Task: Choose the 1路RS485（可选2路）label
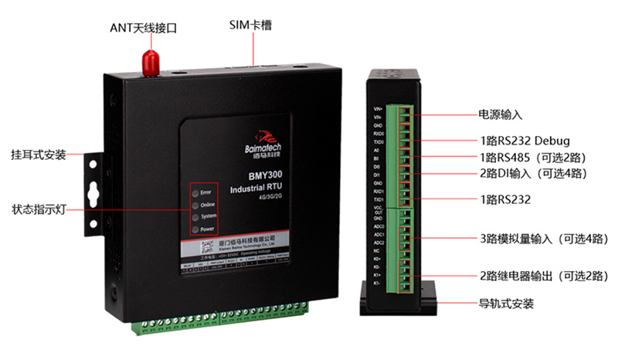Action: [533, 157]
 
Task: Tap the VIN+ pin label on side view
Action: [378, 109]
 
